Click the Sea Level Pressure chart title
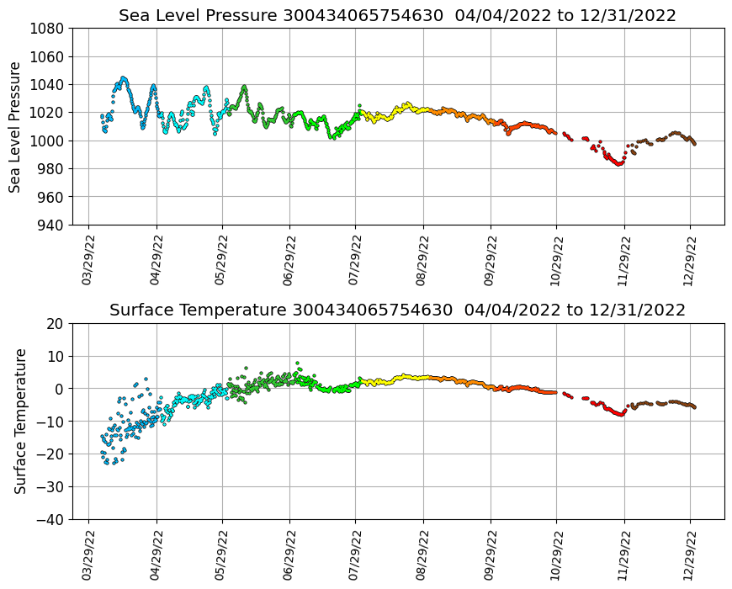coord(397,15)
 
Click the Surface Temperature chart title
coord(397,310)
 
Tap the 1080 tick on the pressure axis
coord(48,29)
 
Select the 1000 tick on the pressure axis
coord(48,141)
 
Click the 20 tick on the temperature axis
coord(56,323)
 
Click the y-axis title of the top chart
coord(15,126)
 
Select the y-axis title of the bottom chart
coord(20,421)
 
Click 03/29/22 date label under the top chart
coord(88,259)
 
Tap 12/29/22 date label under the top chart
coord(689,259)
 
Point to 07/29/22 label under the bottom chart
coord(354,554)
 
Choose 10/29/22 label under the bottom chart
coord(555,554)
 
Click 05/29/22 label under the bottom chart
coord(221,554)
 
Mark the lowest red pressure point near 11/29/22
coord(618,164)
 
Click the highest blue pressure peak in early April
coord(124,78)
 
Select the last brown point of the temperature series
coord(694,407)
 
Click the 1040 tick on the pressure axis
coord(48,84)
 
